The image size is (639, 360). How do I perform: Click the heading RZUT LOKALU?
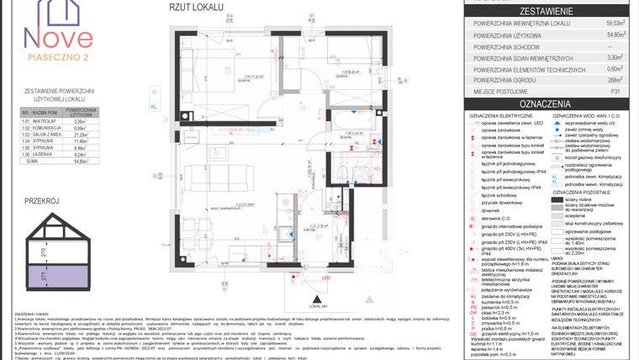point(197,7)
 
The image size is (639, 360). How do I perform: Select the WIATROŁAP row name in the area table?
point(45,120)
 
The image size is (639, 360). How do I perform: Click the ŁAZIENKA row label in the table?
point(45,154)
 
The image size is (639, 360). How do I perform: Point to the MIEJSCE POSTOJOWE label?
point(504,90)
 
